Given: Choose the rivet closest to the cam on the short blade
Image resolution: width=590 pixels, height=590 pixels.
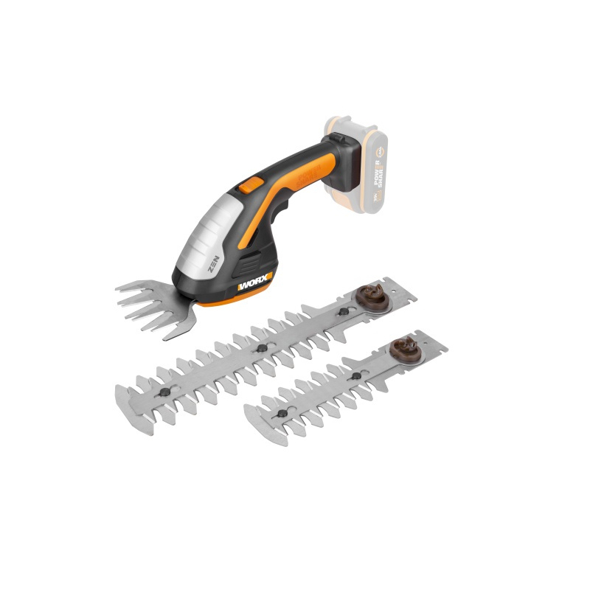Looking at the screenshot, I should coord(357,375).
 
